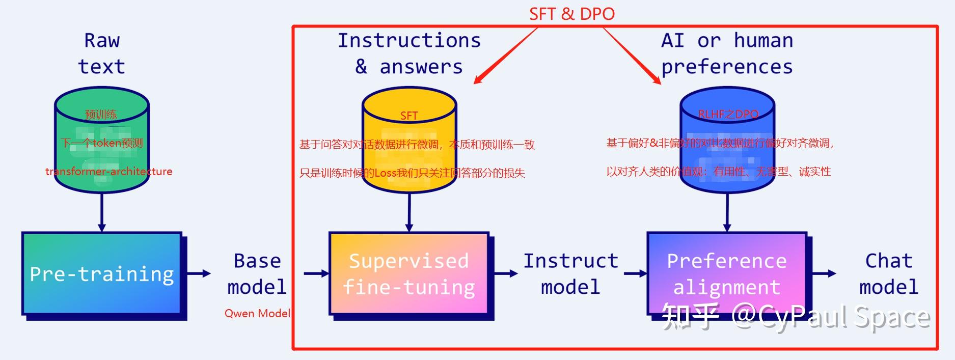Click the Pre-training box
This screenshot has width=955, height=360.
tap(102, 273)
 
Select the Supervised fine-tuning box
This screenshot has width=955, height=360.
tap(408, 273)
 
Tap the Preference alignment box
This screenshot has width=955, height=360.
tap(727, 273)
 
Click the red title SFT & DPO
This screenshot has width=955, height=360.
tap(571, 14)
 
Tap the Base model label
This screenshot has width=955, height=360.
tap(257, 274)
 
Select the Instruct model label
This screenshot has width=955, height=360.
tap(570, 274)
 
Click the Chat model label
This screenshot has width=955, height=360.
tap(889, 274)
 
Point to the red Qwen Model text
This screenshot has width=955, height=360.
tap(257, 313)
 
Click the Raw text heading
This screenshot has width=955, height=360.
tap(102, 53)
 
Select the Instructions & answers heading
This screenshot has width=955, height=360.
tap(409, 53)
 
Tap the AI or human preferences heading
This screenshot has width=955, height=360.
tap(727, 53)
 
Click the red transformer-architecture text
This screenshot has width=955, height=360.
tap(108, 172)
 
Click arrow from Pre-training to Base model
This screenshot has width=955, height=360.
tap(199, 273)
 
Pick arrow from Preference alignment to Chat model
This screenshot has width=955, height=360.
tap(823, 273)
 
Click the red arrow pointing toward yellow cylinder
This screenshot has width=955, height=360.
tap(504, 56)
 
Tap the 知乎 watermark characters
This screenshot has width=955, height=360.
tap(690, 317)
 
